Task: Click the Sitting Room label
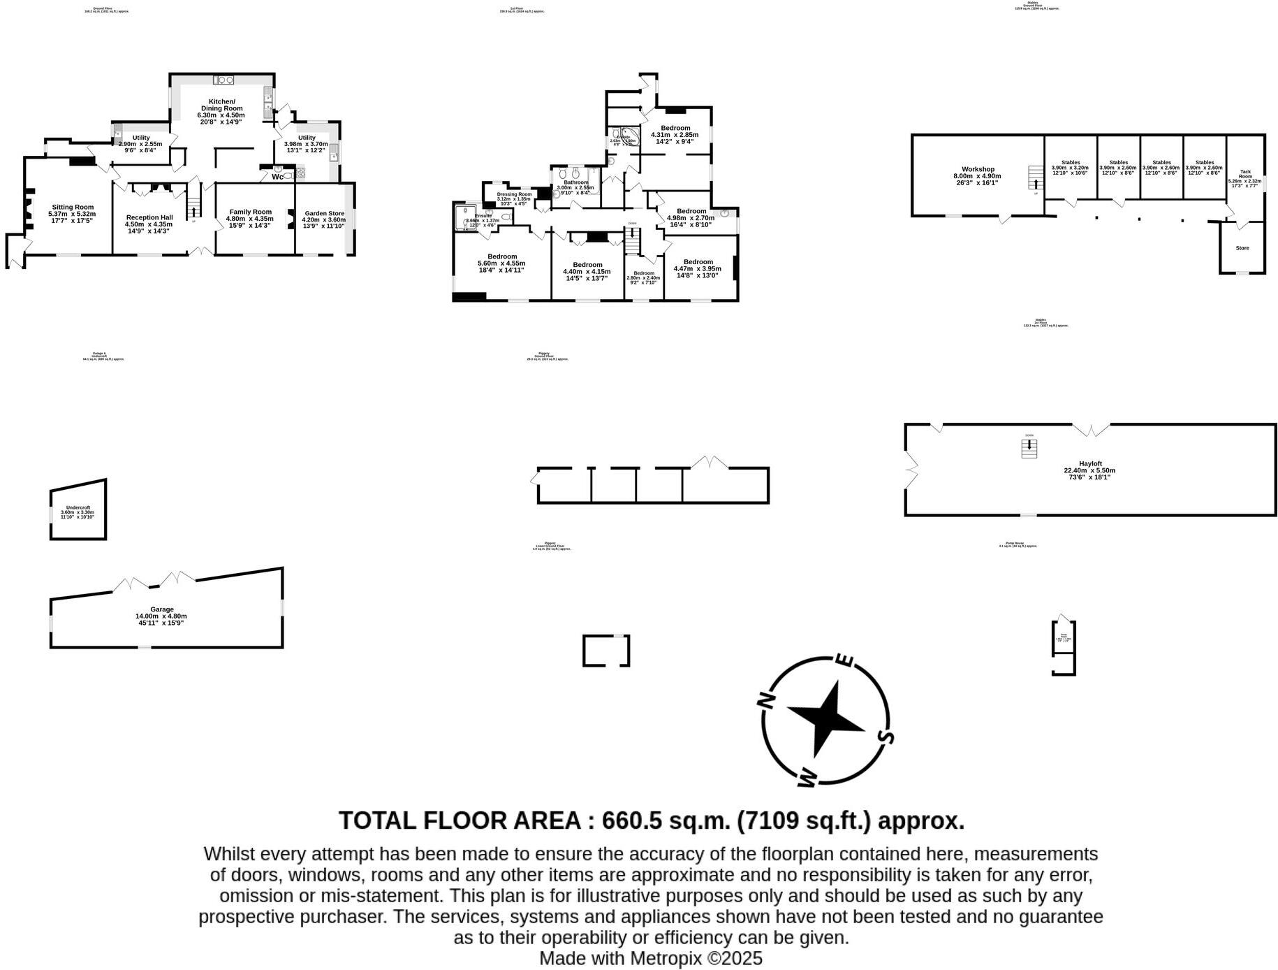click(73, 207)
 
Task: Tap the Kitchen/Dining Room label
click(222, 105)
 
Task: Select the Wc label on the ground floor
click(278, 177)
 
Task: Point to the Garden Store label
click(324, 213)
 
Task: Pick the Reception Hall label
click(149, 217)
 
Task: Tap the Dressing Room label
click(514, 194)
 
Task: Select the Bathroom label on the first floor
click(576, 182)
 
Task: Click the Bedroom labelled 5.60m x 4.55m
click(501, 256)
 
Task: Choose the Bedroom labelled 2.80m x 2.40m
click(643, 273)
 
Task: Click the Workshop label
click(978, 169)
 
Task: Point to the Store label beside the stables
click(1242, 248)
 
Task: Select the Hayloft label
click(1090, 463)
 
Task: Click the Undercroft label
click(78, 507)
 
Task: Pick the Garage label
click(161, 609)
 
